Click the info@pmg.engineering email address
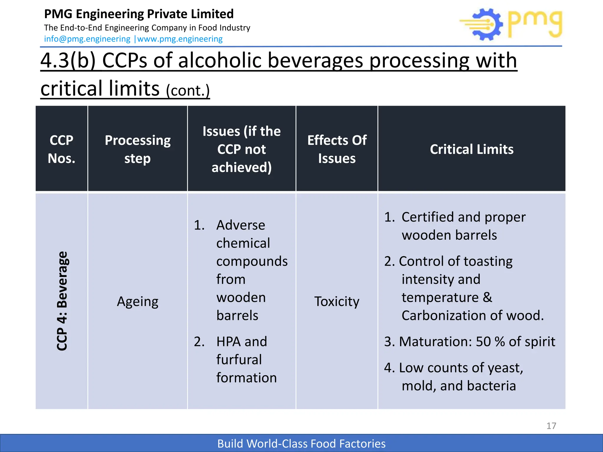pyautogui.click(x=87, y=39)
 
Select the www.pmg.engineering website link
pyautogui.click(x=180, y=39)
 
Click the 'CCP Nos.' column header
pyautogui.click(x=62, y=149)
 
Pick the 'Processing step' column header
pyautogui.click(x=138, y=149)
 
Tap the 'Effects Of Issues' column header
pyautogui.click(x=337, y=149)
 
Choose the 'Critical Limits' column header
pyautogui.click(x=471, y=149)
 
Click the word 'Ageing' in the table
pyautogui.click(x=138, y=301)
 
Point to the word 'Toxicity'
pyautogui.click(x=337, y=301)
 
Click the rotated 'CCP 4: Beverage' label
pyautogui.click(x=62, y=301)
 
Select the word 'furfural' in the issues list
pyautogui.click(x=239, y=360)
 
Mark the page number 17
pyautogui.click(x=551, y=426)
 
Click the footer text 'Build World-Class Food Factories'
pyautogui.click(x=301, y=443)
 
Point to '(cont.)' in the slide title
pyautogui.click(x=188, y=90)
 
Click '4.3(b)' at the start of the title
pyautogui.click(x=68, y=61)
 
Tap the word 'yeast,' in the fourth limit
pyautogui.click(x=505, y=368)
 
